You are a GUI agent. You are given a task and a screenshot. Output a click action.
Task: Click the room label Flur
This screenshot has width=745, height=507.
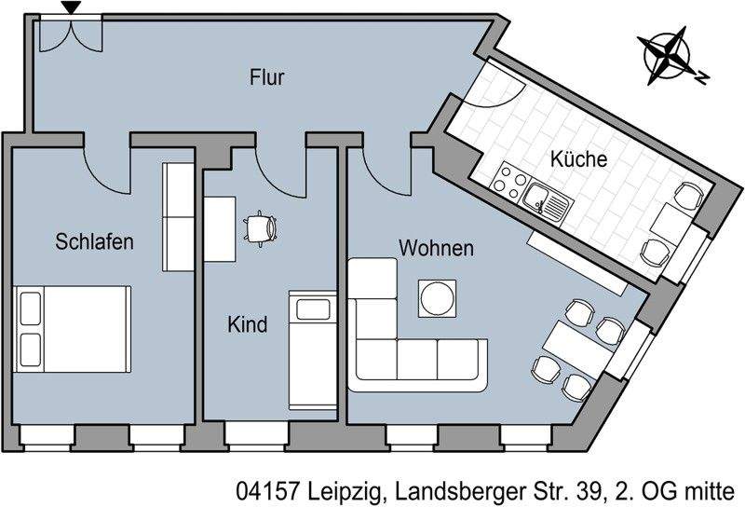point(267,77)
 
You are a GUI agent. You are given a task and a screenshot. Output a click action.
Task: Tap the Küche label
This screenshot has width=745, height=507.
point(577,159)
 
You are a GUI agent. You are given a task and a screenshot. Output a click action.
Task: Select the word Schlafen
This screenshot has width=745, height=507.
point(95,242)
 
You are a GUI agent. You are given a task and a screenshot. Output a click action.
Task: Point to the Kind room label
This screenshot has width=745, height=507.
point(248,324)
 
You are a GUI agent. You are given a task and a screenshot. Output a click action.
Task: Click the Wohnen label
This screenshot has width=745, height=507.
point(437,249)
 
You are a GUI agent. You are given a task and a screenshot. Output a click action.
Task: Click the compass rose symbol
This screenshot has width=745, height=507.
point(668,52)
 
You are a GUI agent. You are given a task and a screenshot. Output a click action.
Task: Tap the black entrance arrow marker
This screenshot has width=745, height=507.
point(70,9)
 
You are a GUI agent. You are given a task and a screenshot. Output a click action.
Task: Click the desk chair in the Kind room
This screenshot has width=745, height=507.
point(261,227)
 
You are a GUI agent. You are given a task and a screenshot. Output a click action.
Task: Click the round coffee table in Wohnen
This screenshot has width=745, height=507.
point(438,298)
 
